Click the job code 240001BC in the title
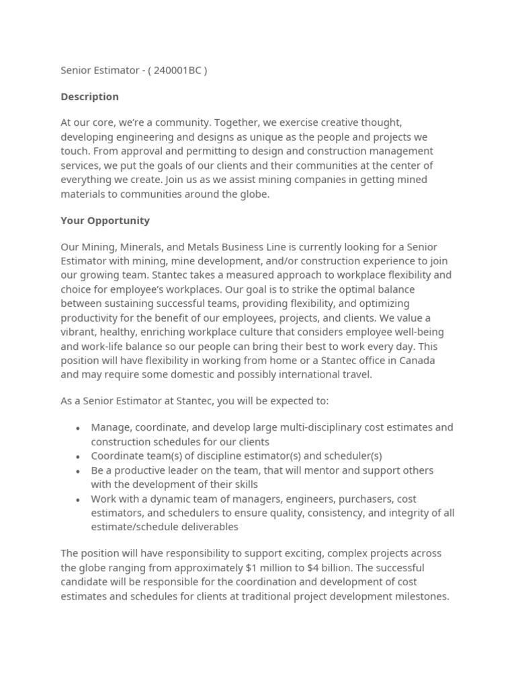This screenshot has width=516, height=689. (x=177, y=70)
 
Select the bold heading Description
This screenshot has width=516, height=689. (x=89, y=97)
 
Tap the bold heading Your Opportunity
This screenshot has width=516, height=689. (x=105, y=221)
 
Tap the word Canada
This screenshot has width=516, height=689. (x=418, y=361)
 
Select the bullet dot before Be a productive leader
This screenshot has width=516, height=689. (x=78, y=471)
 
